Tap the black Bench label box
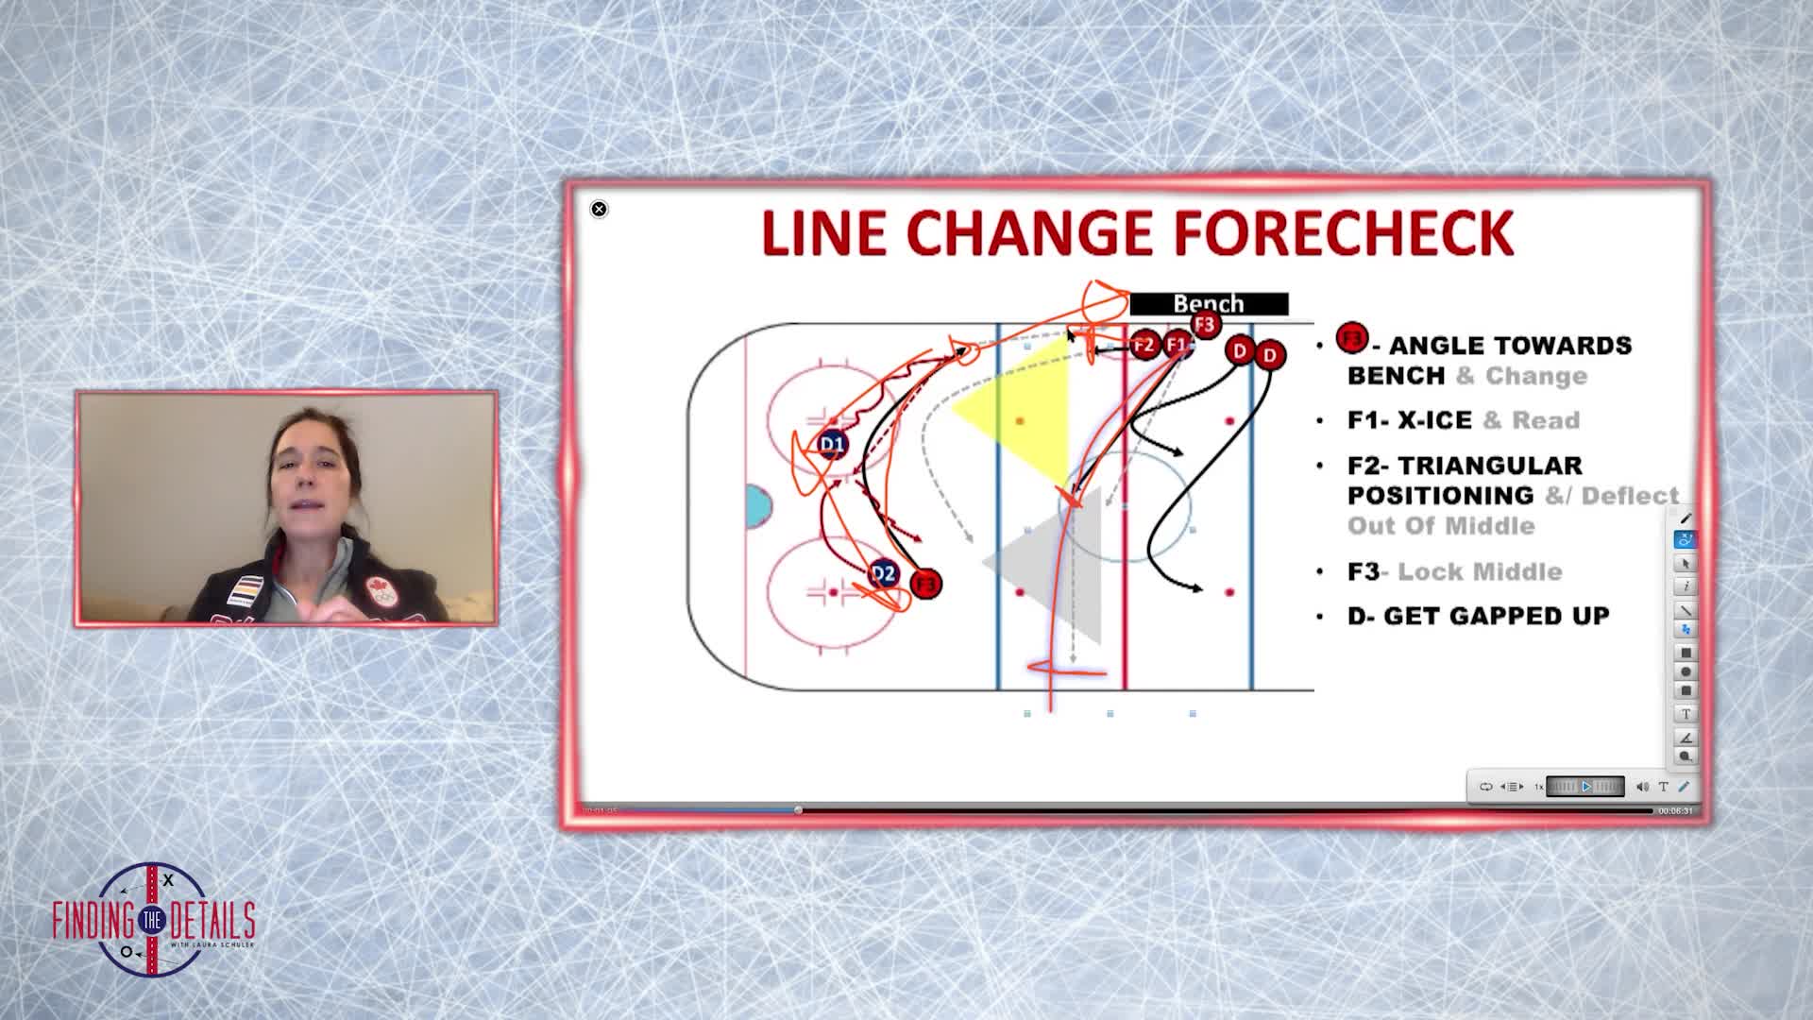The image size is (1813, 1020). coord(1209,304)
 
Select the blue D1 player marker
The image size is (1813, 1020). coord(832,444)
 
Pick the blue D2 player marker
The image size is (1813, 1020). coord(883,573)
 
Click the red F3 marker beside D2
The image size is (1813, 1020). coord(926,585)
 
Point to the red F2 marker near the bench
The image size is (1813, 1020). coord(1144,346)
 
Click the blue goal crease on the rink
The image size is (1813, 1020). coord(757,506)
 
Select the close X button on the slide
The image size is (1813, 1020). coord(599,210)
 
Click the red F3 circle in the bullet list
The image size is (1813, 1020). coord(1352,338)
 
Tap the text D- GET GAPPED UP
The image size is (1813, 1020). coord(1478,616)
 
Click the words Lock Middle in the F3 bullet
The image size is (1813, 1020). coord(1480,571)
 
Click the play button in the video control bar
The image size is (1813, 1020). coord(1586,787)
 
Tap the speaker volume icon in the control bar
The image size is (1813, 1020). coord(1642,787)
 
